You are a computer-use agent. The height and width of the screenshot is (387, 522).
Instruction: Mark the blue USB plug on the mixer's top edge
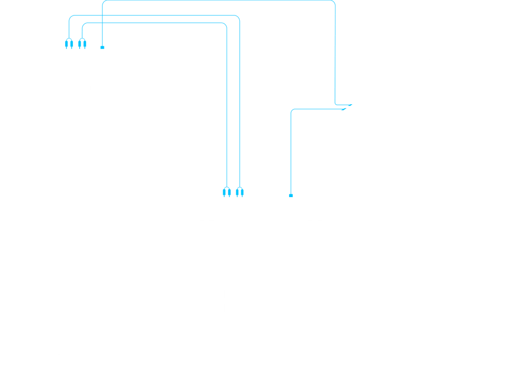(290, 195)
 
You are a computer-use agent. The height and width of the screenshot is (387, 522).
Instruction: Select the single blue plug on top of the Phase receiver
(102, 47)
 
